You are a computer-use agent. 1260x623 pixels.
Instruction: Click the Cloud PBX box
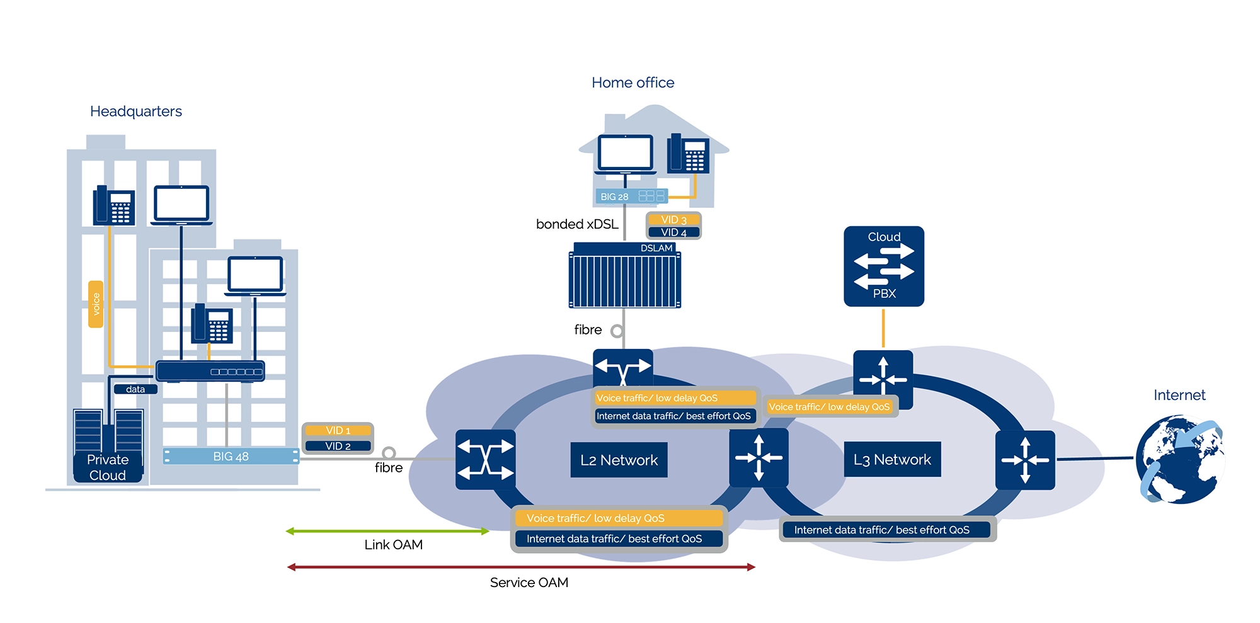[884, 266]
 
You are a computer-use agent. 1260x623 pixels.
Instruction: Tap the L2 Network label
[619, 460]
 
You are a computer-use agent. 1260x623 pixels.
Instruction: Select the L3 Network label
[892, 460]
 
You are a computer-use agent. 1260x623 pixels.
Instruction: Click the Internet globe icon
[1179, 459]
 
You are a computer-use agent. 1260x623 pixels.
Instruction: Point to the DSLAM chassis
[624, 277]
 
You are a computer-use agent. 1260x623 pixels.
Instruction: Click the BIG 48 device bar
[231, 456]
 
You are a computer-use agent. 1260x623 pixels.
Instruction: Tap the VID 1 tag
[338, 430]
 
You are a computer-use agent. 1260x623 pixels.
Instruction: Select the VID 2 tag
[338, 446]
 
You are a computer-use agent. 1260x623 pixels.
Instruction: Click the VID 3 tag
[673, 220]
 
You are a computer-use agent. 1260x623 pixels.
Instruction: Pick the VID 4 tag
[673, 232]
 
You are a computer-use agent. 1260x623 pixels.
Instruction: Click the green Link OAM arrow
[387, 531]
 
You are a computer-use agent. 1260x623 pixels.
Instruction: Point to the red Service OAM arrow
[521, 567]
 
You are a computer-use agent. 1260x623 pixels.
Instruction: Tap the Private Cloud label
[108, 467]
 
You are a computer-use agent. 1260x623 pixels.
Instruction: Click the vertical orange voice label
[96, 304]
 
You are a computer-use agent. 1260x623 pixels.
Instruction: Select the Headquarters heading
[136, 111]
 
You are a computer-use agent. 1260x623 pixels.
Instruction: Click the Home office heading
[633, 83]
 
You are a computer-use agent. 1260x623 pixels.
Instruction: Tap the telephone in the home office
[689, 153]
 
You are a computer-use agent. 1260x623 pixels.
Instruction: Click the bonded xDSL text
[577, 224]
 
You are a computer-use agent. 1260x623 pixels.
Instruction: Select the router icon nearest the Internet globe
[1025, 460]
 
